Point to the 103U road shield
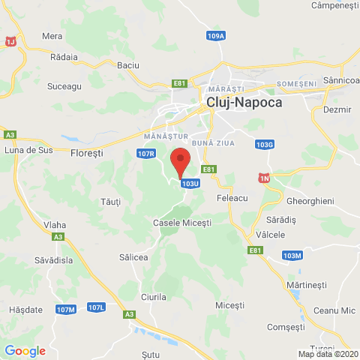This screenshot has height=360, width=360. click(190, 183)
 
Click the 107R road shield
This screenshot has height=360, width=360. click(146, 154)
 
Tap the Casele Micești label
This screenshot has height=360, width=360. click(182, 223)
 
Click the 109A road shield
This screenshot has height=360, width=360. click(216, 35)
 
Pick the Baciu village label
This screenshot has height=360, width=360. click(128, 65)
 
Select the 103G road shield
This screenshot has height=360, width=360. click(265, 144)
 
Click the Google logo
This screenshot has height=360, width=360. click(25, 350)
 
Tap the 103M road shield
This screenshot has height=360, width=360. click(292, 256)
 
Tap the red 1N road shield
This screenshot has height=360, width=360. click(263, 177)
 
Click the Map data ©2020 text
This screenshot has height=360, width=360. click(328, 354)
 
